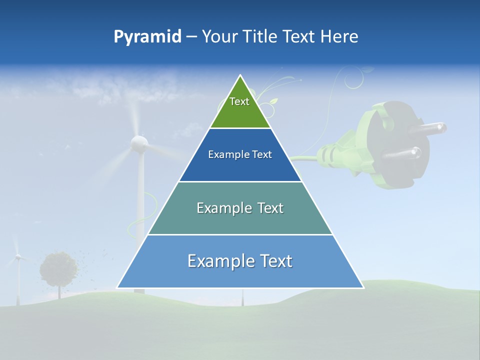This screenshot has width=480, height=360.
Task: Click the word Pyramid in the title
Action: tap(147, 37)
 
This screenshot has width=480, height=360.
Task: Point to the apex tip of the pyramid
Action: tap(240, 76)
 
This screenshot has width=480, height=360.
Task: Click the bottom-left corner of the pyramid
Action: tap(118, 287)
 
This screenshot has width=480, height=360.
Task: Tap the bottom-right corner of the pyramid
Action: tap(362, 287)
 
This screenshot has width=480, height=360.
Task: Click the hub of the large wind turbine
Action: tap(139, 144)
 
